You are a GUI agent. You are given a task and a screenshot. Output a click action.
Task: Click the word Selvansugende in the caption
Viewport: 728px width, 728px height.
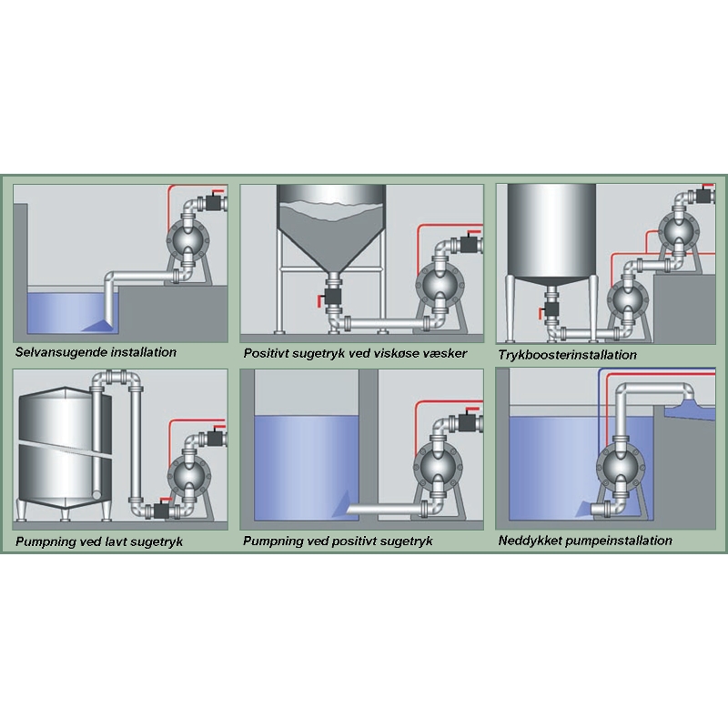[57, 351]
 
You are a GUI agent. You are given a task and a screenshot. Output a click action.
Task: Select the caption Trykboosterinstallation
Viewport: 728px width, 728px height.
[567, 354]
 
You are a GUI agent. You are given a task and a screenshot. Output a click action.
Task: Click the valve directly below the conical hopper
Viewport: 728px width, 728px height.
[329, 296]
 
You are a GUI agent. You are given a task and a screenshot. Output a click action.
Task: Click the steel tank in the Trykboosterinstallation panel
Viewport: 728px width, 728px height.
[551, 232]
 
